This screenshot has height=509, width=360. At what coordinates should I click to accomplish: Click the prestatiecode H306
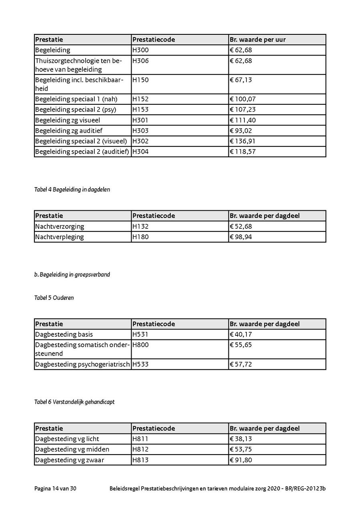(x=140, y=61)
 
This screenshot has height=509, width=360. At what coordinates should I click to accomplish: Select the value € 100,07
(x=243, y=99)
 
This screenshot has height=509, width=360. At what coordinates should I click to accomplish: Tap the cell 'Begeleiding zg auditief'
(x=69, y=131)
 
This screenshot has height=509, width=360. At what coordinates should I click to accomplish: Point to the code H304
(x=140, y=152)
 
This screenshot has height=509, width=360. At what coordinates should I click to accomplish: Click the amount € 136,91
(x=242, y=141)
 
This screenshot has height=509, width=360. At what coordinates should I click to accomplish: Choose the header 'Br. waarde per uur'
(x=258, y=40)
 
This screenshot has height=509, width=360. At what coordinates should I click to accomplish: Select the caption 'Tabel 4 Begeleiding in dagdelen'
(x=72, y=190)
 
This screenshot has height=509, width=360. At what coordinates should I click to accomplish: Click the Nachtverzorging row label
(x=60, y=226)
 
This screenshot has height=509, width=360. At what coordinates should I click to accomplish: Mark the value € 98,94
(x=241, y=237)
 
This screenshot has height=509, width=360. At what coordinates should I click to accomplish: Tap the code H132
(x=140, y=226)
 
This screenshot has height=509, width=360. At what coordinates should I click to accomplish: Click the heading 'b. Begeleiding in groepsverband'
(x=72, y=275)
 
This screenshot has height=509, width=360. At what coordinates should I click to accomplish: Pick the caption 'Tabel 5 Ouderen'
(x=54, y=298)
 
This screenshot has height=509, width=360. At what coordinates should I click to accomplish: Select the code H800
(x=140, y=345)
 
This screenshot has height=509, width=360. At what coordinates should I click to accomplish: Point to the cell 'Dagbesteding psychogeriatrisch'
(x=82, y=364)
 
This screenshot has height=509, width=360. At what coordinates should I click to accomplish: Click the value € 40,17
(x=241, y=334)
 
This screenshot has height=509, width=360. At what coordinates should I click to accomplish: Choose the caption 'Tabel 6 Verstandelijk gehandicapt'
(x=74, y=402)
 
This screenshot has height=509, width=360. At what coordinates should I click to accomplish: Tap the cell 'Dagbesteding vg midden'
(x=72, y=449)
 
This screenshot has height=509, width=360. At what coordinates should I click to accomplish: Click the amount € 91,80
(x=241, y=460)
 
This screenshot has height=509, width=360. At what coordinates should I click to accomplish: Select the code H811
(x=140, y=439)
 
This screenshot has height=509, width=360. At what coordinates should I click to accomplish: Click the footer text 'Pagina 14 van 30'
(x=55, y=489)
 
